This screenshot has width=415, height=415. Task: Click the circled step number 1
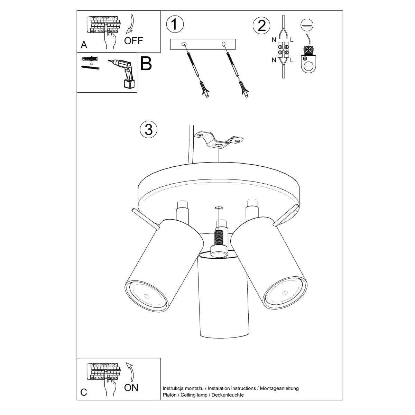click(x=175, y=25)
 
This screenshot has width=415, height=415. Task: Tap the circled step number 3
click(x=149, y=129)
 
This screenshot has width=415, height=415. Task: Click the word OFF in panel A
click(x=133, y=41)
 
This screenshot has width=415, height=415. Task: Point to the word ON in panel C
click(x=131, y=388)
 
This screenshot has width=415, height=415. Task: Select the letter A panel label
click(x=84, y=45)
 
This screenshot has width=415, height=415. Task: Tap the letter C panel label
click(x=84, y=392)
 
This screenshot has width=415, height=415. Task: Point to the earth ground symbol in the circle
click(x=305, y=23)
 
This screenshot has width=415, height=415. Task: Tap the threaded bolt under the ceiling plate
click(x=219, y=239)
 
